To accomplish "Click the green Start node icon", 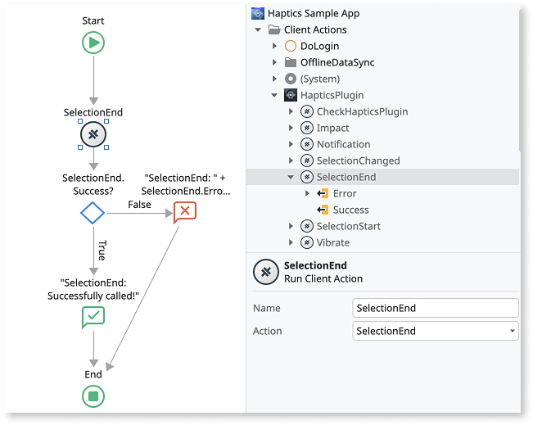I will [93, 43].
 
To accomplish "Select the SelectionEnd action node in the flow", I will [93, 134].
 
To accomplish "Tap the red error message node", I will [185, 212].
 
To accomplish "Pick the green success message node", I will [93, 317].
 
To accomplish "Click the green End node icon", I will [93, 396].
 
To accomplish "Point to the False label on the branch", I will [139, 204].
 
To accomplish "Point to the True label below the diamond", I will [102, 250].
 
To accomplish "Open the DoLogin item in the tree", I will [318, 46].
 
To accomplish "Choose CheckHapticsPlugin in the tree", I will [362, 111].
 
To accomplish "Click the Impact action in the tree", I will [332, 128].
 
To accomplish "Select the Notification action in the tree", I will [343, 144].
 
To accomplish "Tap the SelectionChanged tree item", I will [358, 161].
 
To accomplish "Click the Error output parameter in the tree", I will [345, 193].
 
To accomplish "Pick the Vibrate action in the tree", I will [332, 242].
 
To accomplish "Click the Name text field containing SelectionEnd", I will [435, 308].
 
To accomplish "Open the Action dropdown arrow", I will [513, 331].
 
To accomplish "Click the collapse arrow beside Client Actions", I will [259, 29].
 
